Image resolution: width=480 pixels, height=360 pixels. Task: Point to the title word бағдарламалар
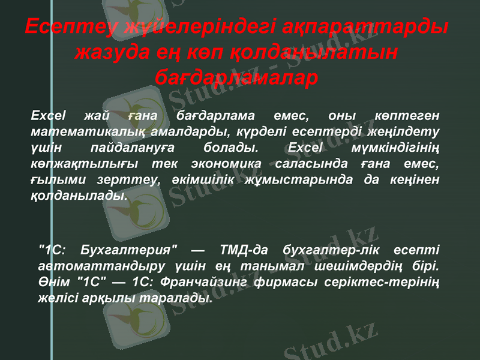click(236, 77)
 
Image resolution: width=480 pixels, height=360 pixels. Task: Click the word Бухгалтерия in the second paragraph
click(128, 248)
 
